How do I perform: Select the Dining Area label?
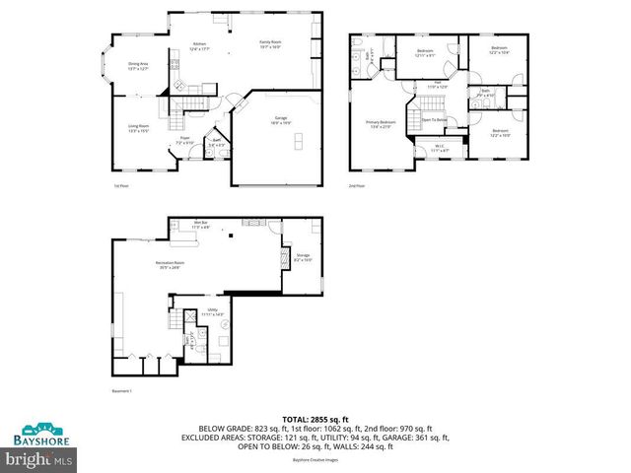tap(138, 66)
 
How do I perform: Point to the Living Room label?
tap(138, 128)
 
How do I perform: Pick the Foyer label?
tap(184, 140)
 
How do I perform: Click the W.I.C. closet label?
tap(440, 148)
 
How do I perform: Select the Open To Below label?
tap(435, 119)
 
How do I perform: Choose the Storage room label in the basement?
tap(304, 257)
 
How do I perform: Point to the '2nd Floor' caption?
tap(355, 185)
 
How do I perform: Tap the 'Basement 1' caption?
tap(122, 391)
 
